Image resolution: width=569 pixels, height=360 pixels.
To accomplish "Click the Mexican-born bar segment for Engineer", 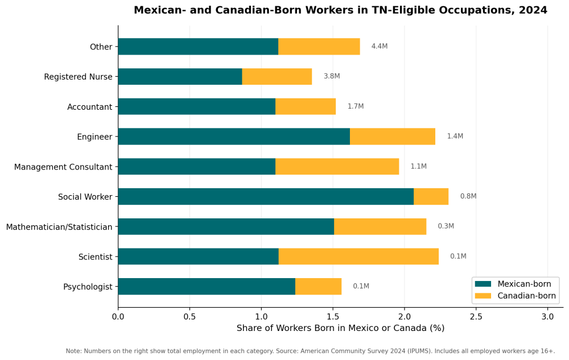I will point(234,136).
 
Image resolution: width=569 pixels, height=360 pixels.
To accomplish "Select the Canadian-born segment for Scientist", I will point(358,256).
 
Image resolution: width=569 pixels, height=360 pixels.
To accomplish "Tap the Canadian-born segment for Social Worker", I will point(431,197).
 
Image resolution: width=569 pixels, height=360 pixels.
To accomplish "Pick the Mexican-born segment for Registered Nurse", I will point(180,77).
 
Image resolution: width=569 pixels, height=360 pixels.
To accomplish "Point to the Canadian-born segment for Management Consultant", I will point(337,167).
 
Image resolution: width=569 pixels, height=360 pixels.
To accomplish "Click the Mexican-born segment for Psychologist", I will point(207,287).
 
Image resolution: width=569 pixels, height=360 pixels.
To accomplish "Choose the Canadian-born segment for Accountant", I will point(306,106).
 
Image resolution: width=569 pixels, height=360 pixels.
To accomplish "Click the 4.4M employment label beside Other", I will point(380,47).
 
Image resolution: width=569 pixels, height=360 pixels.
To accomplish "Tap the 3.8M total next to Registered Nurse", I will point(332,76).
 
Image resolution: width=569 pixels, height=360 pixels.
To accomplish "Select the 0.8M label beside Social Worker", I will point(468,196).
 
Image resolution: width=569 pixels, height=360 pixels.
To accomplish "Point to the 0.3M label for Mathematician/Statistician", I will point(446,226).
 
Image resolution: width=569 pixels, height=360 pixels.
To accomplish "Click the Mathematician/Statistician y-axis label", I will point(59,227).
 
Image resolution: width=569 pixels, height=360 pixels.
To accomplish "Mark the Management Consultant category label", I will point(63,167).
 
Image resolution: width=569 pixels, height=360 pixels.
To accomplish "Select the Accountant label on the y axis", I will point(89,107).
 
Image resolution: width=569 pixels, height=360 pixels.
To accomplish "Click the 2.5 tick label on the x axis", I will point(476,316).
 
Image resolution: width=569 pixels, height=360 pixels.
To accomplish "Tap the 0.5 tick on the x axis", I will point(189,316).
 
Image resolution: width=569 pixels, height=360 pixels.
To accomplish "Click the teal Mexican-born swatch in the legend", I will point(483,284).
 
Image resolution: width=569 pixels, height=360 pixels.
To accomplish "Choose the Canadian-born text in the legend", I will point(526,296).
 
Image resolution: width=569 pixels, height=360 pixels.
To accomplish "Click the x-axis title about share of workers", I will point(340,328).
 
